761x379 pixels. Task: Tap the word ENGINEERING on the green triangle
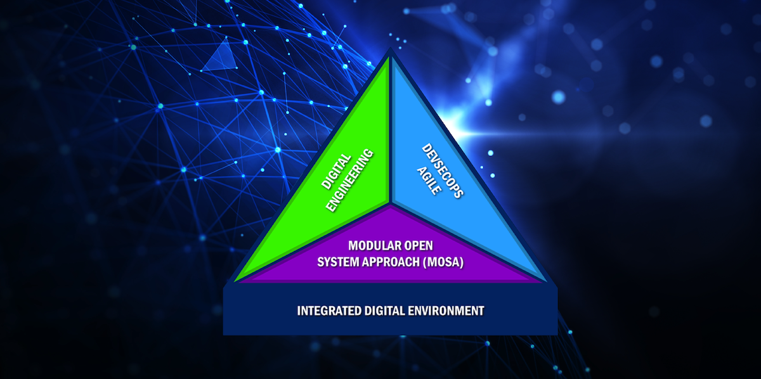point(350,181)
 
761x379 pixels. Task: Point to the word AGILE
point(429,181)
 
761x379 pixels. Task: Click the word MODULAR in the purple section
point(370,245)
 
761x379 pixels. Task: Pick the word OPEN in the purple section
point(414,245)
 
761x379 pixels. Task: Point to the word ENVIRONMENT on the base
point(446,311)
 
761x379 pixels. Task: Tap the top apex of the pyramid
point(391,49)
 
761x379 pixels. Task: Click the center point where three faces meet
point(391,204)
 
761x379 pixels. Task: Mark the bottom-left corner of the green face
point(235,281)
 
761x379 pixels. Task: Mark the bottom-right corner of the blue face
point(545,281)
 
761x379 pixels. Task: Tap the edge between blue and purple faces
point(468,242)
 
